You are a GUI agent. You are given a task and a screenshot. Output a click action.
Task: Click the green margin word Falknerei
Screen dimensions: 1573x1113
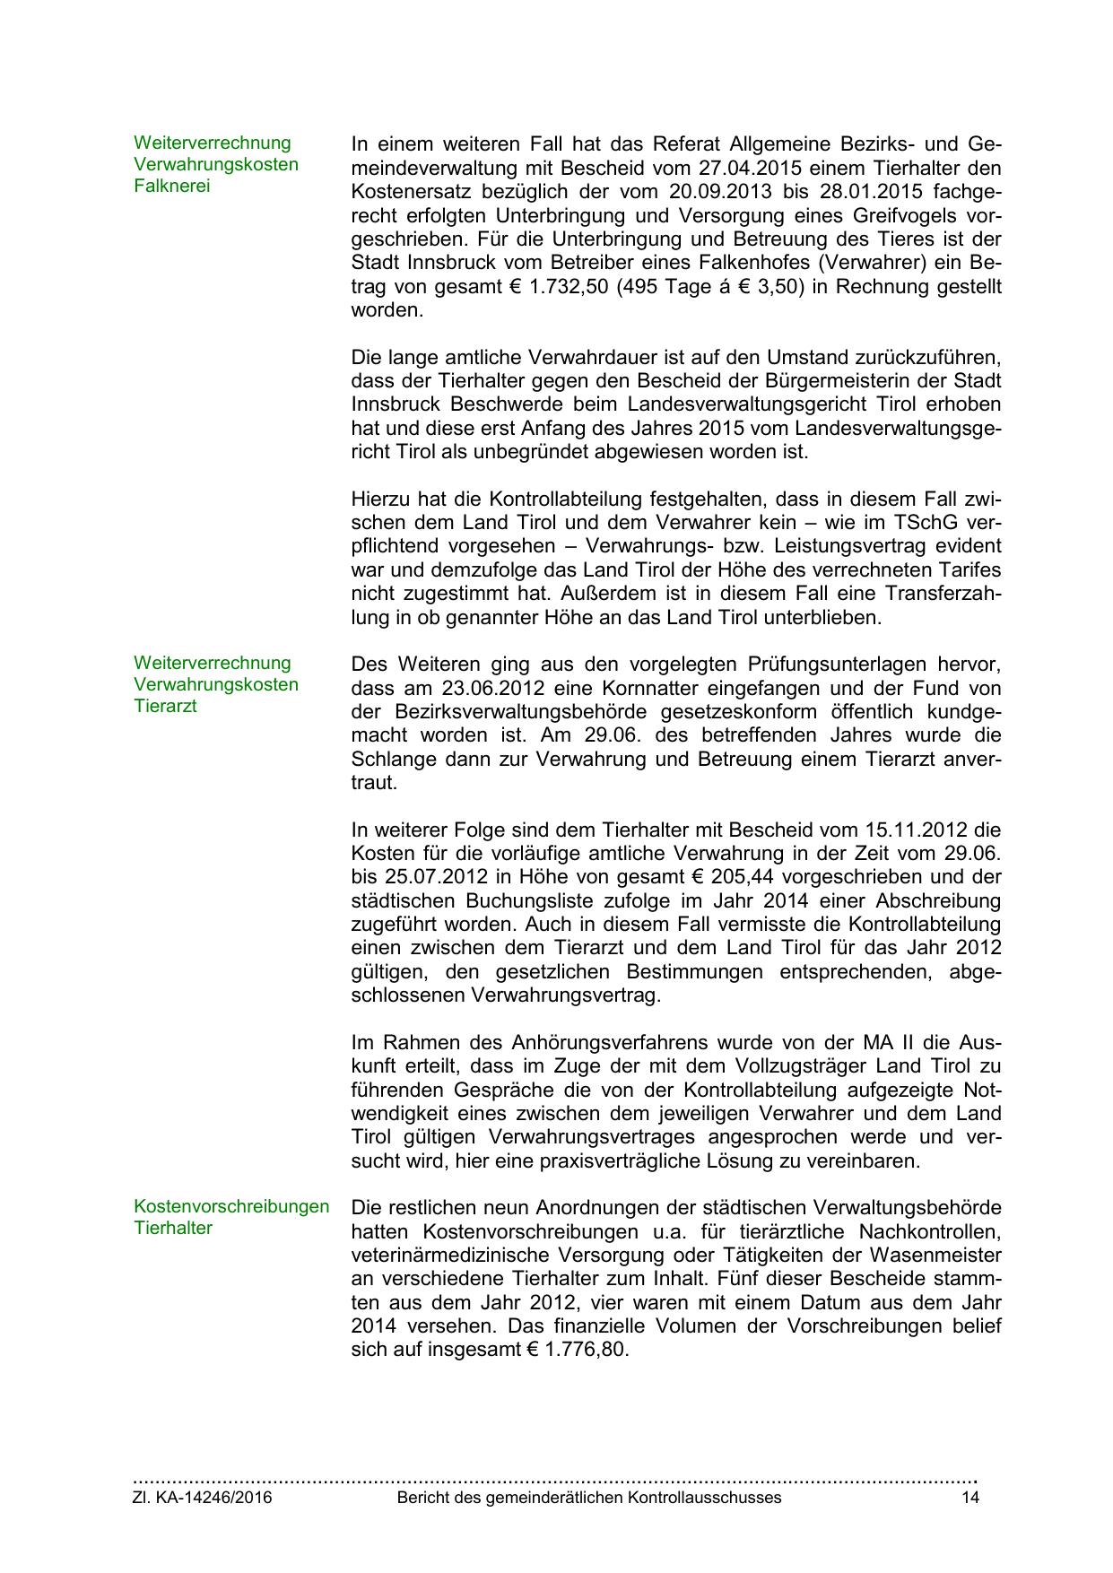click(172, 187)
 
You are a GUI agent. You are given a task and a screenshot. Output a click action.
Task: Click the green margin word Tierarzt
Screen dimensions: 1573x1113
click(165, 706)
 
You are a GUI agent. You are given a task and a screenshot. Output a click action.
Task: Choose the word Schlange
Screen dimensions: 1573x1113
click(387, 760)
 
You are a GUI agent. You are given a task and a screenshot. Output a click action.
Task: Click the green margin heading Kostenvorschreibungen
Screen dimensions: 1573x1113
click(231, 1206)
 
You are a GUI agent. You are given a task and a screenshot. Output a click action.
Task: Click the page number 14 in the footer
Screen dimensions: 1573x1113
click(970, 1498)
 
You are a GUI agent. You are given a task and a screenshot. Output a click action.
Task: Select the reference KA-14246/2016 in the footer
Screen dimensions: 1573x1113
click(212, 1498)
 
